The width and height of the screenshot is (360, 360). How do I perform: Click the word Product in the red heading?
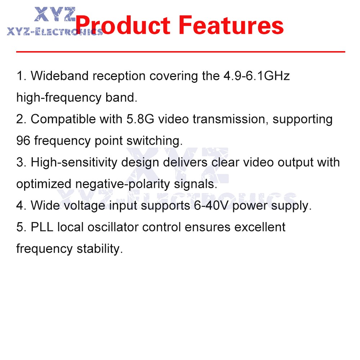[123, 25]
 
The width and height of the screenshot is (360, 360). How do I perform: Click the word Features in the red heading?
[231, 25]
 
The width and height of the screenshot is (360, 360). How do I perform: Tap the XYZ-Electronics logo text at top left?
[55, 32]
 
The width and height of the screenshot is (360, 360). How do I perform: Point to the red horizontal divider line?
[180, 52]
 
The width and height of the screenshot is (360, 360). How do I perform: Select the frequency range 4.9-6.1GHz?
[257, 76]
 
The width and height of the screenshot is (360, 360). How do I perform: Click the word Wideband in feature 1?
[60, 76]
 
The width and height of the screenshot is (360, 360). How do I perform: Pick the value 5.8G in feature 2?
[140, 119]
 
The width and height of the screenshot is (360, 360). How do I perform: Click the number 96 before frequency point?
[23, 140]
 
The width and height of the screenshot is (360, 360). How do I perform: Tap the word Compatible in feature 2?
[63, 120]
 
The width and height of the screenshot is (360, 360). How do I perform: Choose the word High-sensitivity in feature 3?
[74, 163]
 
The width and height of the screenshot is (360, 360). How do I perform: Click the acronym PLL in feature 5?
[42, 227]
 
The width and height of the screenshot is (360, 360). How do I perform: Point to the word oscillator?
[113, 227]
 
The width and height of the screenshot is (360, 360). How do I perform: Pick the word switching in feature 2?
[154, 141]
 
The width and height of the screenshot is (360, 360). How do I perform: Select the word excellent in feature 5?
[260, 227]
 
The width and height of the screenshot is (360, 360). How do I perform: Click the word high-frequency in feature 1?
[59, 98]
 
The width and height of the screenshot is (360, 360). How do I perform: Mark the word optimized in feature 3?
[44, 184]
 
